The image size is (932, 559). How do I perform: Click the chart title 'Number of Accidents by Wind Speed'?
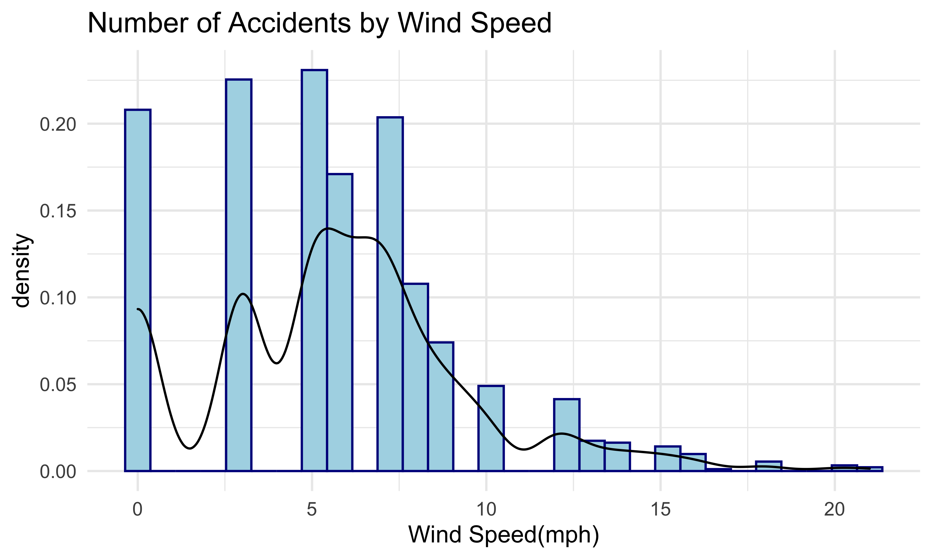(319, 23)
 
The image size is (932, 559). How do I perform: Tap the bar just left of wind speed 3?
(238, 275)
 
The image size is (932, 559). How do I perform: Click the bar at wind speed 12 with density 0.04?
(567, 435)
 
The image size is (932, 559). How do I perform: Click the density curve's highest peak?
(327, 228)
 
